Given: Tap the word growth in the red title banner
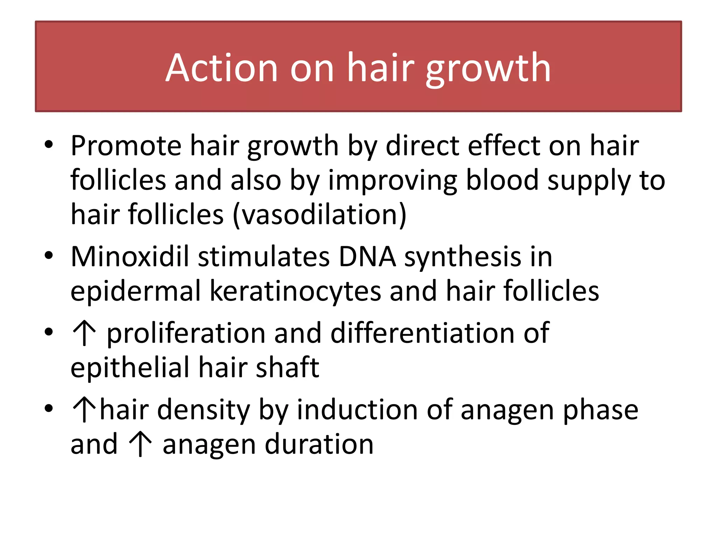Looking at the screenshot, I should [x=488, y=68].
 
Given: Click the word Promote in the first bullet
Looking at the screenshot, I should [x=126, y=146].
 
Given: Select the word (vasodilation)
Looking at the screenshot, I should [x=319, y=214].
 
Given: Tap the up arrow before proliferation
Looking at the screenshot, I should [x=84, y=333].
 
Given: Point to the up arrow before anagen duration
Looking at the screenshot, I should [x=140, y=444].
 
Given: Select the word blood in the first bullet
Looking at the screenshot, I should [x=502, y=180].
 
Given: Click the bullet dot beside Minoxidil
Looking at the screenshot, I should [x=49, y=255].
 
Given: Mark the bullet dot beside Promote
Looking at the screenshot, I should [x=49, y=144].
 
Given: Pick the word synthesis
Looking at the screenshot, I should [x=463, y=257].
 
